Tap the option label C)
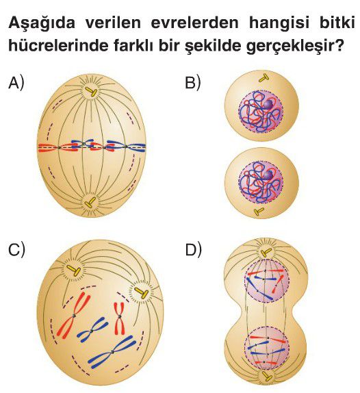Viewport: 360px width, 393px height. coord(17,249)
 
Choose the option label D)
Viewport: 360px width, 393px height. coord(193,249)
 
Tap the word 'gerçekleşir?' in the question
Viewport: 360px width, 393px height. coord(294,47)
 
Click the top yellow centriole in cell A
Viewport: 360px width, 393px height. coord(91,92)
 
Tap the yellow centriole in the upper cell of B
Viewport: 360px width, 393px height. coord(263,79)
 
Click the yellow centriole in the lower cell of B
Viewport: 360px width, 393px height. coord(259,211)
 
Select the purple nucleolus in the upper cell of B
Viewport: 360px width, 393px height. coord(268,104)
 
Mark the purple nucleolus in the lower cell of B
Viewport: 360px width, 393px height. coord(268,175)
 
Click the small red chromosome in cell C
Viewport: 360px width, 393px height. coord(120,318)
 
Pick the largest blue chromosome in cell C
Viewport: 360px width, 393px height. coord(112,352)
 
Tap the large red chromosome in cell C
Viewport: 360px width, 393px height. coord(73,316)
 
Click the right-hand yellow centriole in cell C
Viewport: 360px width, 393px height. coord(142,292)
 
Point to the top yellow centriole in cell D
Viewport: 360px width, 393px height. coord(266,253)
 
